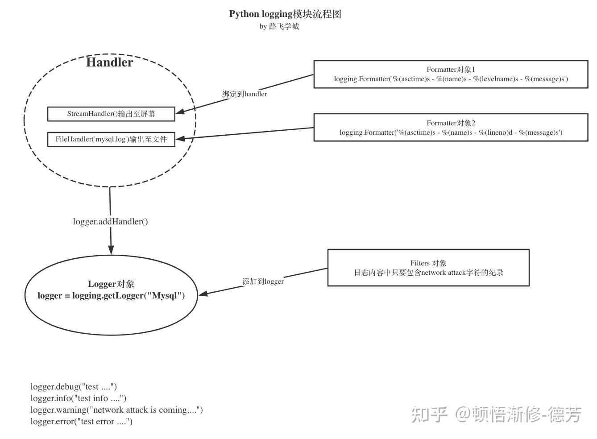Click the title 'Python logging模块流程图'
point(285,14)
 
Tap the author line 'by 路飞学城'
point(279,26)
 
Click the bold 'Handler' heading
point(109,62)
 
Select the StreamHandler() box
point(111,114)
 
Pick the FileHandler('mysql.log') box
point(111,139)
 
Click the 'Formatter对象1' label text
point(451,70)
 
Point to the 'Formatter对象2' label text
point(451,123)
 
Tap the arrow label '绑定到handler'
point(245,94)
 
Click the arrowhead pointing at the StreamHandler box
point(179,112)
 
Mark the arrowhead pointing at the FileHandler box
point(179,139)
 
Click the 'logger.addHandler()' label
point(111,222)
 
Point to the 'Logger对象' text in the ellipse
point(111,284)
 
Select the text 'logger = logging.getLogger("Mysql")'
point(111,295)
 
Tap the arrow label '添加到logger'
point(263,282)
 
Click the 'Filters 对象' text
point(428,263)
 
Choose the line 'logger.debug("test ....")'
point(74,387)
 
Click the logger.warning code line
point(116,410)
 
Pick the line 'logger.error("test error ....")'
point(81,422)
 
